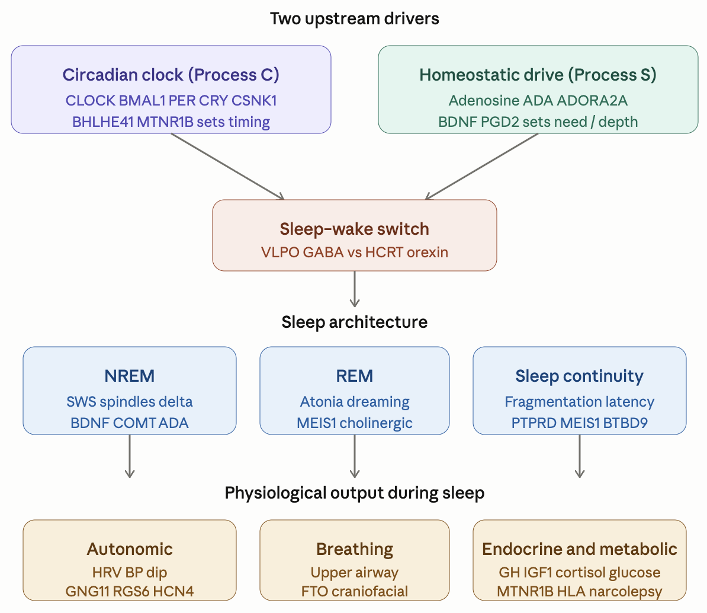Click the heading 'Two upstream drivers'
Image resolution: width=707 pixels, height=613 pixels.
click(355, 18)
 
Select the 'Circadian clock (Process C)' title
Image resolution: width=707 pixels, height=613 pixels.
click(171, 75)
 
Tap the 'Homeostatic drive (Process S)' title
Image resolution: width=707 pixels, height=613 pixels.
click(538, 75)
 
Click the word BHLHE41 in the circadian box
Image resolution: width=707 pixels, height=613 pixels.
click(102, 122)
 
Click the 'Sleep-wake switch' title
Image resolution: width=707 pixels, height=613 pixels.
click(355, 229)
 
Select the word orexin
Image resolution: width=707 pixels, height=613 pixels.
click(428, 252)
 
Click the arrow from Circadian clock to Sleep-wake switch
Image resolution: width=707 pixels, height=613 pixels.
click(228, 167)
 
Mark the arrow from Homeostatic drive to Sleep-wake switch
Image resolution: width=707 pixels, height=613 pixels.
click(481, 167)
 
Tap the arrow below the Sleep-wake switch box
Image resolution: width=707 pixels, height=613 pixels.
click(355, 289)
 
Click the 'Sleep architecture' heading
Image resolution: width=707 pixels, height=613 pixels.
click(355, 322)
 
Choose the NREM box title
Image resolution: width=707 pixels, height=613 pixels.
click(130, 375)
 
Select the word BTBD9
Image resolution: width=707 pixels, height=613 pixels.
click(625, 423)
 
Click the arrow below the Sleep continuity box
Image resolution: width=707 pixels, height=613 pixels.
click(580, 456)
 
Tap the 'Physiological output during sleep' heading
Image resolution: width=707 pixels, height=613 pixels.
click(355, 493)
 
